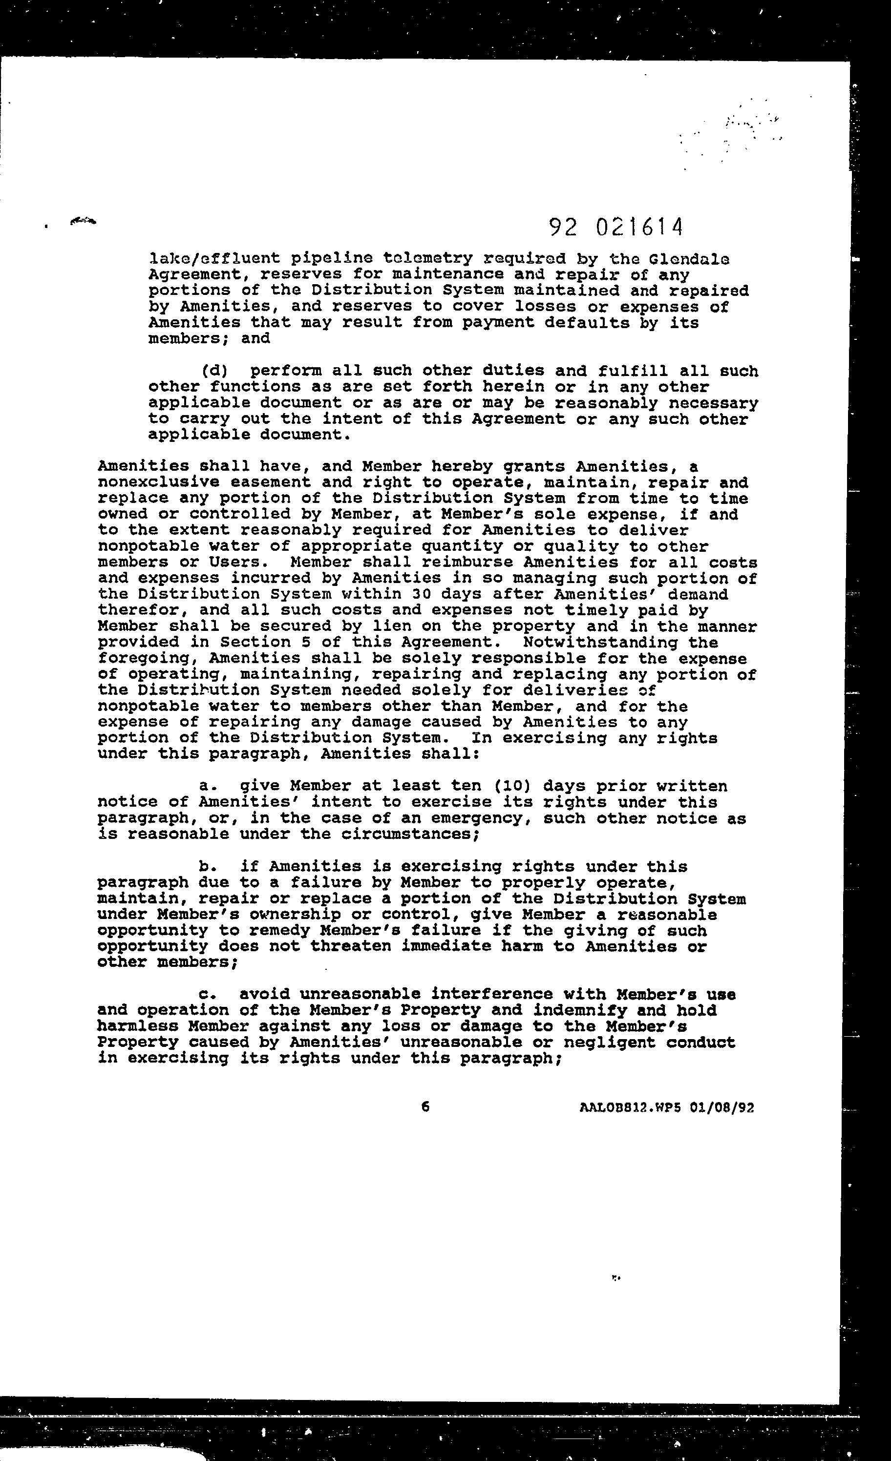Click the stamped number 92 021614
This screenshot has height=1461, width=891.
pyautogui.click(x=616, y=227)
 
